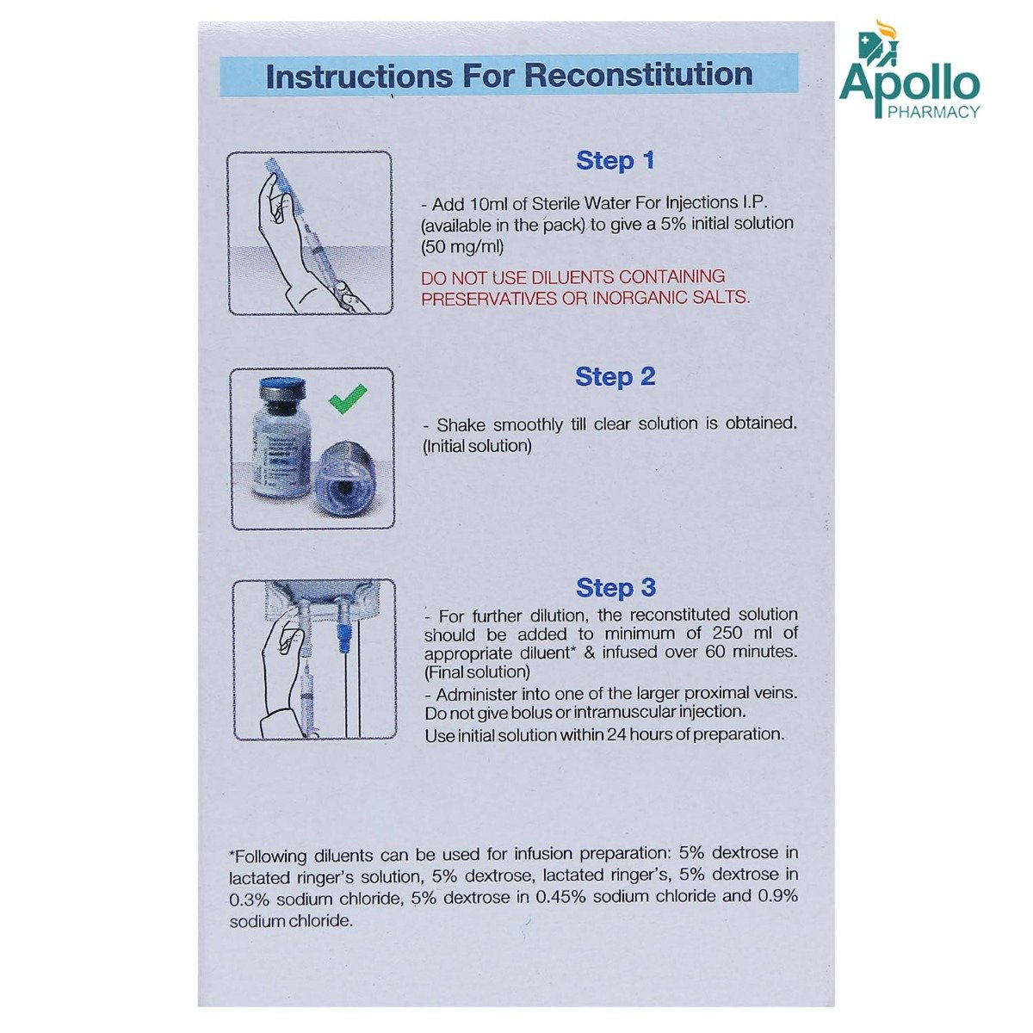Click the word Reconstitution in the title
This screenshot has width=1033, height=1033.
(x=639, y=75)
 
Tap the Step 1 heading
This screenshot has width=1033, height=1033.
(x=615, y=161)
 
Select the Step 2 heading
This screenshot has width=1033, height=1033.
(x=615, y=377)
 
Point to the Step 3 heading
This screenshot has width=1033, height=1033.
(x=615, y=588)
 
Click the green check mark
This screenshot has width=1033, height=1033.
(x=348, y=399)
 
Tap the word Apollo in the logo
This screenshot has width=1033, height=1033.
(x=910, y=85)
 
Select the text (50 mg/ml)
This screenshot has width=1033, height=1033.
(x=462, y=247)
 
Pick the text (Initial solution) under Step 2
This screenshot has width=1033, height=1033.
(x=477, y=446)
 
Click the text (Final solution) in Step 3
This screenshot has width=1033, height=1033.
(x=477, y=671)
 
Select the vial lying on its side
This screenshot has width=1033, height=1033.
(x=344, y=484)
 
